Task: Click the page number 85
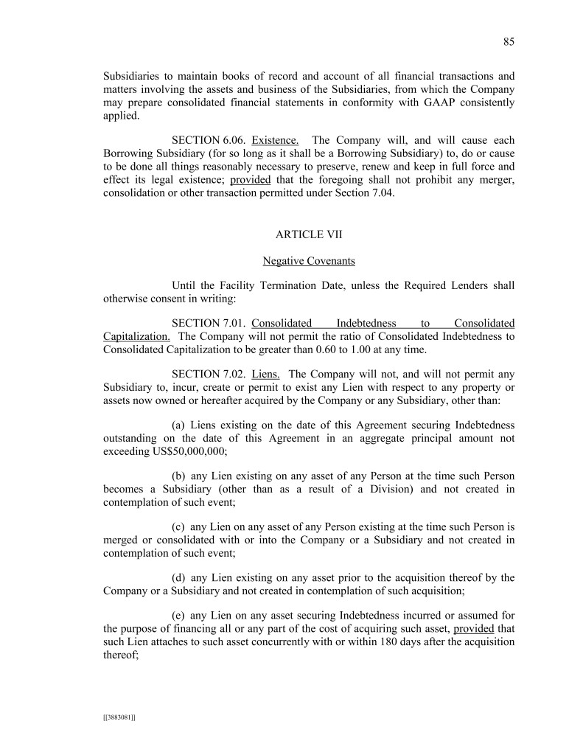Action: [509, 42]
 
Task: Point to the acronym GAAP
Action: [398, 102]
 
